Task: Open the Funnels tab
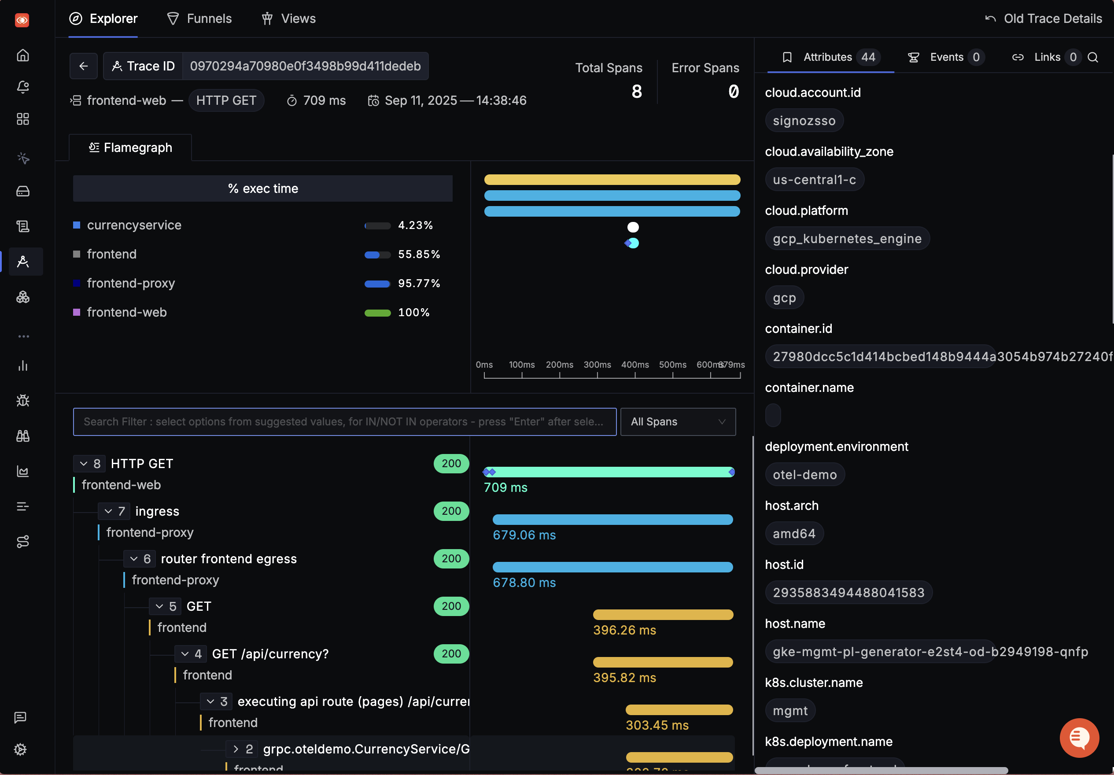click(199, 18)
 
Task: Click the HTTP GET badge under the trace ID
click(226, 100)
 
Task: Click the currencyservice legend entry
click(134, 225)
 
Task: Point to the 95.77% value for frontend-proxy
click(419, 284)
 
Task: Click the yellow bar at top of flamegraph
click(612, 180)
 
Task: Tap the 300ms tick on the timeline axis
click(597, 365)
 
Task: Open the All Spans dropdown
click(677, 422)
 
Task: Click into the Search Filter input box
click(344, 422)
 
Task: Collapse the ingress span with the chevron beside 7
click(108, 512)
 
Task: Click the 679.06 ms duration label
click(524, 535)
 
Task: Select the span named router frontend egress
click(229, 559)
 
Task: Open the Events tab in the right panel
click(945, 57)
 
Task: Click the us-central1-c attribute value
click(814, 180)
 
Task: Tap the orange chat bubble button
click(1079, 738)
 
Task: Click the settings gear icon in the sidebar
click(20, 750)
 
